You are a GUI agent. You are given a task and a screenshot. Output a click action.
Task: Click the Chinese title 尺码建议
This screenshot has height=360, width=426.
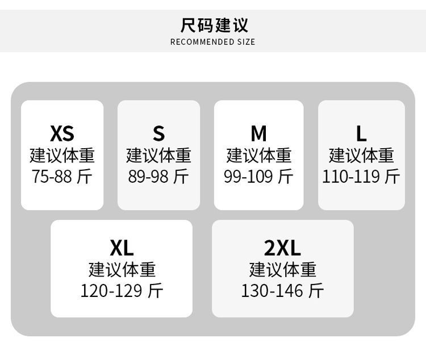coord(214,25)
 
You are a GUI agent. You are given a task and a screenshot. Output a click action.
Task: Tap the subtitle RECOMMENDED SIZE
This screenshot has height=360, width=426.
coord(213,42)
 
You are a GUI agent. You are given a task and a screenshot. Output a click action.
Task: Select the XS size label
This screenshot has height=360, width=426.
coord(62,133)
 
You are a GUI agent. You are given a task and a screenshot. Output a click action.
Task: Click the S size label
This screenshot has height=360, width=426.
coord(158,133)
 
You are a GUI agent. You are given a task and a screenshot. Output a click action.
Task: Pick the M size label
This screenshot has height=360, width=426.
coord(258,133)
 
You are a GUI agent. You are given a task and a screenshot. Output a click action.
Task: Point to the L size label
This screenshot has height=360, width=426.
coord(361,133)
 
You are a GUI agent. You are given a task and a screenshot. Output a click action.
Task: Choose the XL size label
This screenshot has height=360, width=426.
coord(122,248)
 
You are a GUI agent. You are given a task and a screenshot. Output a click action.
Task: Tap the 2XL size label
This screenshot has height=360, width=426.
coord(282,248)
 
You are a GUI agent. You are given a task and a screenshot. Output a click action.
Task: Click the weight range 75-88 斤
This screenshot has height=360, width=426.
coord(62,177)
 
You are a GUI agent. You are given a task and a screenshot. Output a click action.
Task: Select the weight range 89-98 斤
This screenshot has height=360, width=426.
coord(158,177)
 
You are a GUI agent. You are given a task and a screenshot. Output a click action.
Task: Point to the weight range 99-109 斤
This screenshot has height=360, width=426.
coord(258,177)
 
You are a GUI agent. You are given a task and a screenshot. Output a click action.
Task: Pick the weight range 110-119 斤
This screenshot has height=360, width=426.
coord(361,177)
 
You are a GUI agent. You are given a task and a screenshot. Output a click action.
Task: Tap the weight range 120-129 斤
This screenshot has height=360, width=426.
coord(122,291)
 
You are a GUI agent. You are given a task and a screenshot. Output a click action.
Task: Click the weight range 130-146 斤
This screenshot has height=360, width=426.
coord(282,291)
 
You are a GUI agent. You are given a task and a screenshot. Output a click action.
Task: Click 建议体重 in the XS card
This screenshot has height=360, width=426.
coord(62,156)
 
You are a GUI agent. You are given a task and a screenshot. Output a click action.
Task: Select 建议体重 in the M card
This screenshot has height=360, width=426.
coord(258,156)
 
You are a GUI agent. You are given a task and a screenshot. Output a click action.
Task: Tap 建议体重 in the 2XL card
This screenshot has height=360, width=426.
coord(282,270)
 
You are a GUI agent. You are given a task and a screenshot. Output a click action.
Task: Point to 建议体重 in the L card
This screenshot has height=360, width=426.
coord(361,156)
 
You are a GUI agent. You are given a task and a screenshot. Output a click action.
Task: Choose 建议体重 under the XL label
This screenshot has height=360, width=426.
coord(122,270)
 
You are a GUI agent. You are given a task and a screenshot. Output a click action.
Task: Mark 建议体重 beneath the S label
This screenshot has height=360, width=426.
coord(158,156)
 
